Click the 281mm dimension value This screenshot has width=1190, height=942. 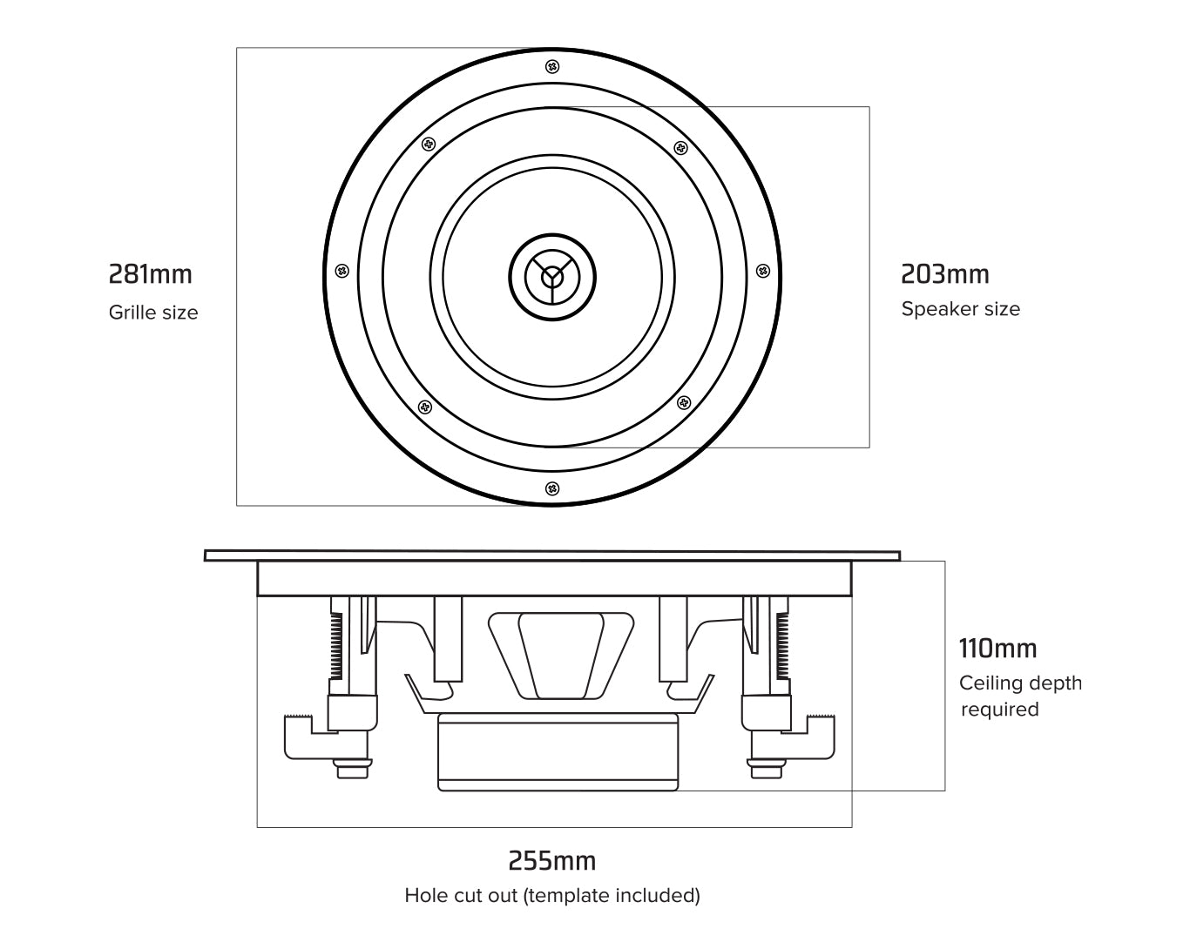click(x=150, y=274)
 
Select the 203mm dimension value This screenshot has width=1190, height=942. click(x=945, y=274)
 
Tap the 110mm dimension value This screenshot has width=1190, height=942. click(x=997, y=649)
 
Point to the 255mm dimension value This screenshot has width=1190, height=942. click(x=552, y=861)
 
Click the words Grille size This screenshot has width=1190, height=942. click(x=153, y=313)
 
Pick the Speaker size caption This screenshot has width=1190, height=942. click(x=960, y=309)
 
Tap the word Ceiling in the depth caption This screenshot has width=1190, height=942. click(x=989, y=683)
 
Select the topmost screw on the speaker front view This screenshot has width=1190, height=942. click(x=551, y=67)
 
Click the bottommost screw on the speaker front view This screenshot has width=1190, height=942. click(x=551, y=488)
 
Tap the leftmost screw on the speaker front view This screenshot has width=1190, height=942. click(x=342, y=271)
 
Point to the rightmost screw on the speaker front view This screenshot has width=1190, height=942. click(x=762, y=271)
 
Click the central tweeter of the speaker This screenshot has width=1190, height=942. click(x=552, y=277)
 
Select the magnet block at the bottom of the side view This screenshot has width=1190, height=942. click(x=558, y=751)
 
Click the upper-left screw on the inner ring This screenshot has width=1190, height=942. click(x=427, y=144)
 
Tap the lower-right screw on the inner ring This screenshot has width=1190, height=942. click(x=684, y=403)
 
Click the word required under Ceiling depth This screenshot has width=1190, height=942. click(x=999, y=710)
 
